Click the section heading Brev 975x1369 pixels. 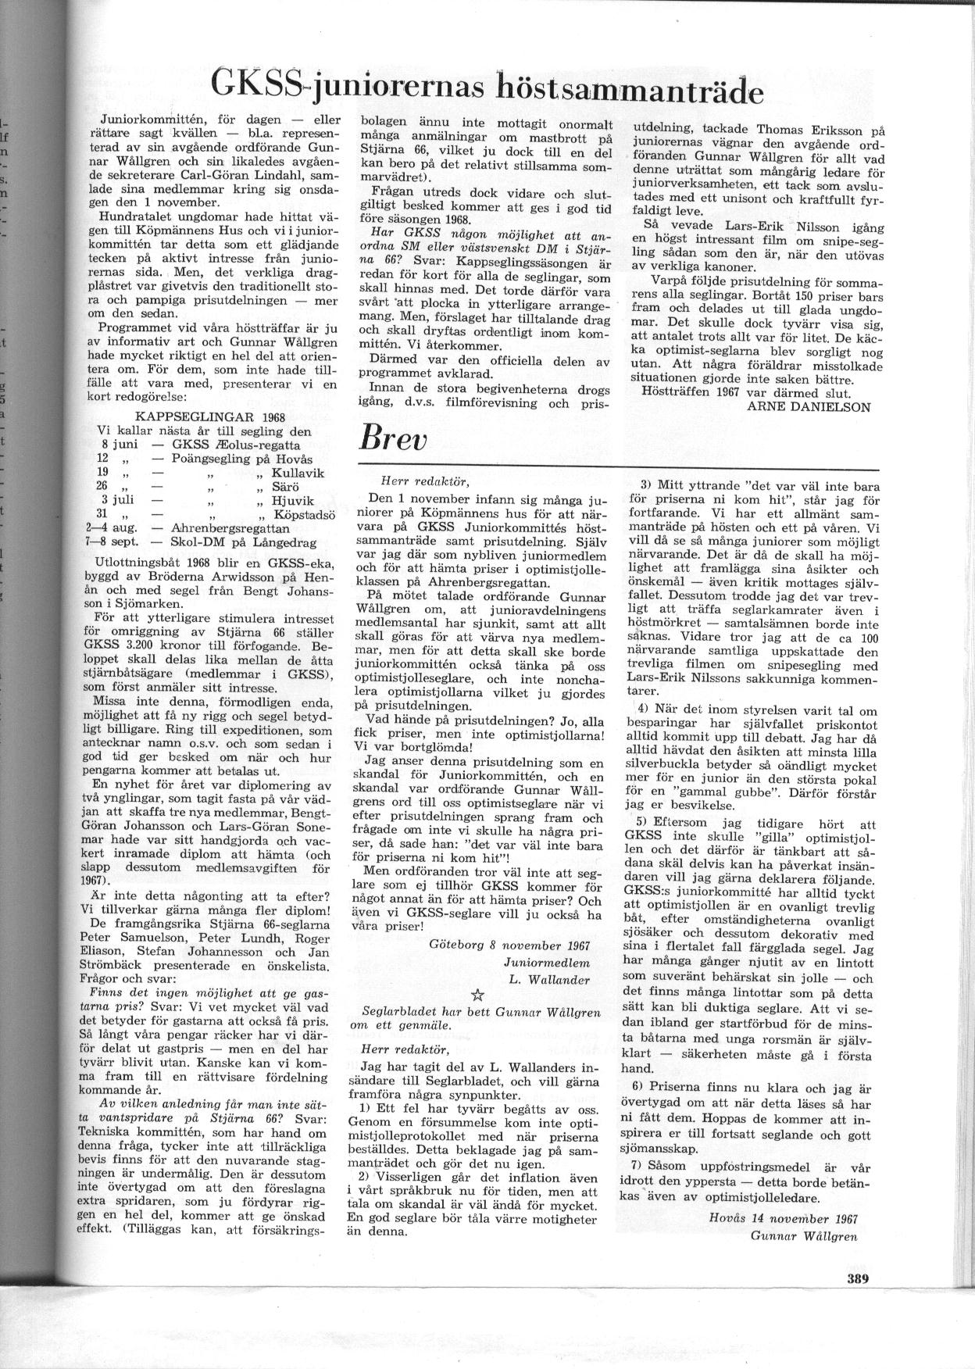tap(393, 438)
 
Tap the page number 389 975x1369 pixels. tap(857, 1279)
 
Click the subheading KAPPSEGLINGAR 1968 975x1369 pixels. tap(210, 416)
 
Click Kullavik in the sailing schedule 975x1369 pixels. tap(297, 473)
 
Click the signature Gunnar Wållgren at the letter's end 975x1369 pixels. tap(804, 1235)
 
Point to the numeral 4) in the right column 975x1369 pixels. tap(643, 708)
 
